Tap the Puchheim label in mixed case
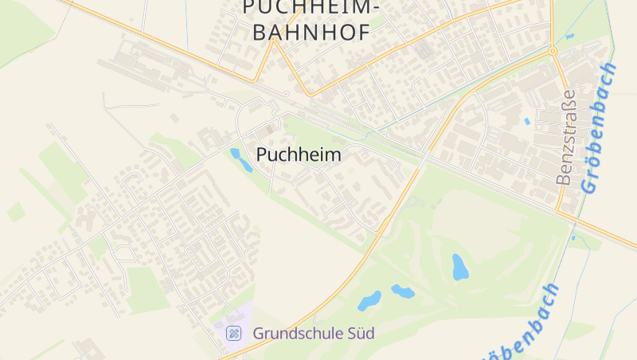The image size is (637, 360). point(299,155)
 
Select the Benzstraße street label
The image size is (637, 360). point(565,137)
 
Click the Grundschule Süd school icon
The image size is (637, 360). point(234,333)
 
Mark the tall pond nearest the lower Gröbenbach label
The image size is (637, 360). point(460,267)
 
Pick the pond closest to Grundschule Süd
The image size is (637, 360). point(369,301)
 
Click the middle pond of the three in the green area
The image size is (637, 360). point(402,292)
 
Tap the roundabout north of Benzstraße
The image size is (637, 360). point(553,51)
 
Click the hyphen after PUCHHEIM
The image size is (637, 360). point(375,8)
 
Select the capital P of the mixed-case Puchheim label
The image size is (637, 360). point(262,155)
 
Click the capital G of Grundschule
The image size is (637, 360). point(259,333)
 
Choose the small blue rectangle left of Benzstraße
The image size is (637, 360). point(527,121)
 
